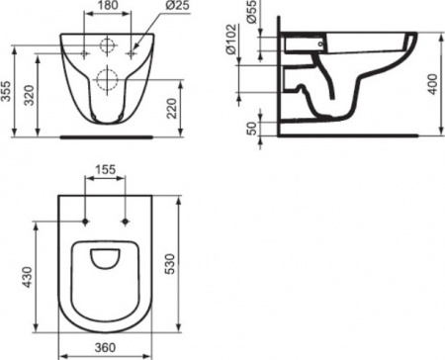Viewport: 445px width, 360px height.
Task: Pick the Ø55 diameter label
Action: [x=251, y=14]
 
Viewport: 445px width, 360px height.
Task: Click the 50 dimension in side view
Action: [x=251, y=127]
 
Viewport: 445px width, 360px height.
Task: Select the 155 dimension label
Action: [x=108, y=169]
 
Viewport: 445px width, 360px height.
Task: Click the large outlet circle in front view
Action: [x=108, y=80]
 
